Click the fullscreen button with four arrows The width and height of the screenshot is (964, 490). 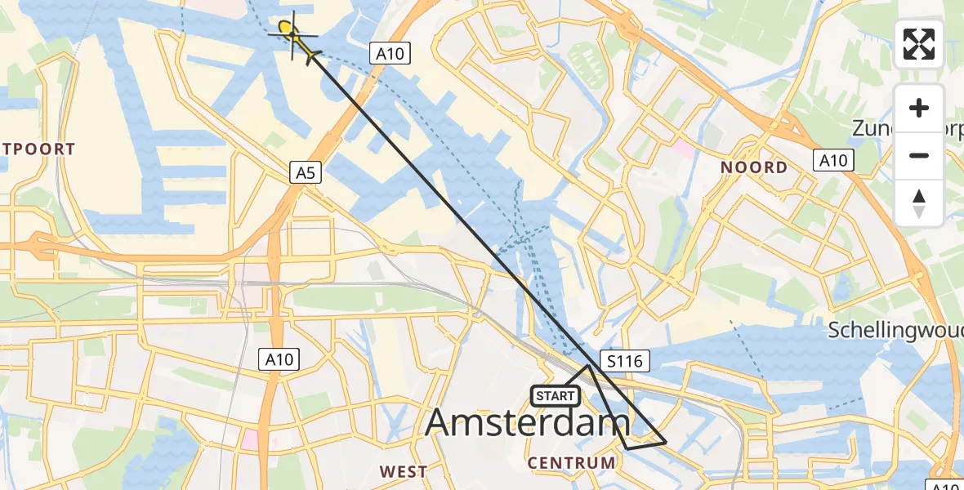pyautogui.click(x=919, y=44)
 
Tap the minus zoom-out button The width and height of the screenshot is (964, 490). pyautogui.click(x=919, y=155)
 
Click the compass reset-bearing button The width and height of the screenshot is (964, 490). pyautogui.click(x=919, y=203)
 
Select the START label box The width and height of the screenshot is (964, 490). pyautogui.click(x=556, y=396)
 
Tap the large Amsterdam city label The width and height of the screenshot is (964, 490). pyautogui.click(x=528, y=423)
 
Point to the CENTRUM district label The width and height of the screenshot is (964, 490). pyautogui.click(x=572, y=463)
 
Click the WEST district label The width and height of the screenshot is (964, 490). pyautogui.click(x=404, y=471)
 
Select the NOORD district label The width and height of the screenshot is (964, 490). pyautogui.click(x=754, y=167)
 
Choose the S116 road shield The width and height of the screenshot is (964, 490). pyautogui.click(x=624, y=359)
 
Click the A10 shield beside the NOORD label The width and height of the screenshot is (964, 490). pyautogui.click(x=834, y=160)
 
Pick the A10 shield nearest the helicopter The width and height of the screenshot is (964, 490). pyautogui.click(x=389, y=55)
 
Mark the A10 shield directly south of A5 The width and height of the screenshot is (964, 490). pyautogui.click(x=279, y=358)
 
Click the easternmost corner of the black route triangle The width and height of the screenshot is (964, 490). pyautogui.click(x=667, y=443)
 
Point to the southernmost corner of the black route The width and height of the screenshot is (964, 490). pyautogui.click(x=627, y=449)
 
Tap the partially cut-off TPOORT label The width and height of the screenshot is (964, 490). pyautogui.click(x=38, y=149)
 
